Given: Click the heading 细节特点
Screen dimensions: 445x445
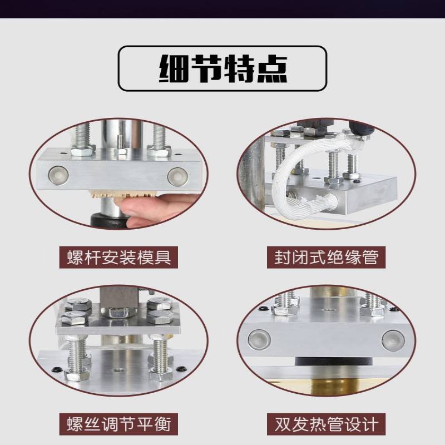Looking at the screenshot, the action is coord(223,68).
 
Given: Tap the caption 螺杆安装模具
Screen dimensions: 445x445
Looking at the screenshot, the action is coord(119,258).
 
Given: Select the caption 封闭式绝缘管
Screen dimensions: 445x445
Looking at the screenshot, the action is coord(327,258).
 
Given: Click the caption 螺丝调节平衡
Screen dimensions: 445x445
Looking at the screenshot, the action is coord(119,424).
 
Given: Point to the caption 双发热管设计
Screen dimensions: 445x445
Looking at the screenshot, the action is coord(327,424).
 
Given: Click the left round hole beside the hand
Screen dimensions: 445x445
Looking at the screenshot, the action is coord(58,175).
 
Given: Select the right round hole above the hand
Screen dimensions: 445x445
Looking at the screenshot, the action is coord(177,176).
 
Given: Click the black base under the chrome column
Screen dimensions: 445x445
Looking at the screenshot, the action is coord(109,220).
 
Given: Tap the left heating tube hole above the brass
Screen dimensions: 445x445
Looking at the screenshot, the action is coord(259,340).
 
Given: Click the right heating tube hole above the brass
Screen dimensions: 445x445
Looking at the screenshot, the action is coord(392,340).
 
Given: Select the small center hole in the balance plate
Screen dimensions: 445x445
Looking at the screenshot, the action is coord(118,370).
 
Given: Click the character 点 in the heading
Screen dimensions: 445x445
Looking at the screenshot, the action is coord(272,68).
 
